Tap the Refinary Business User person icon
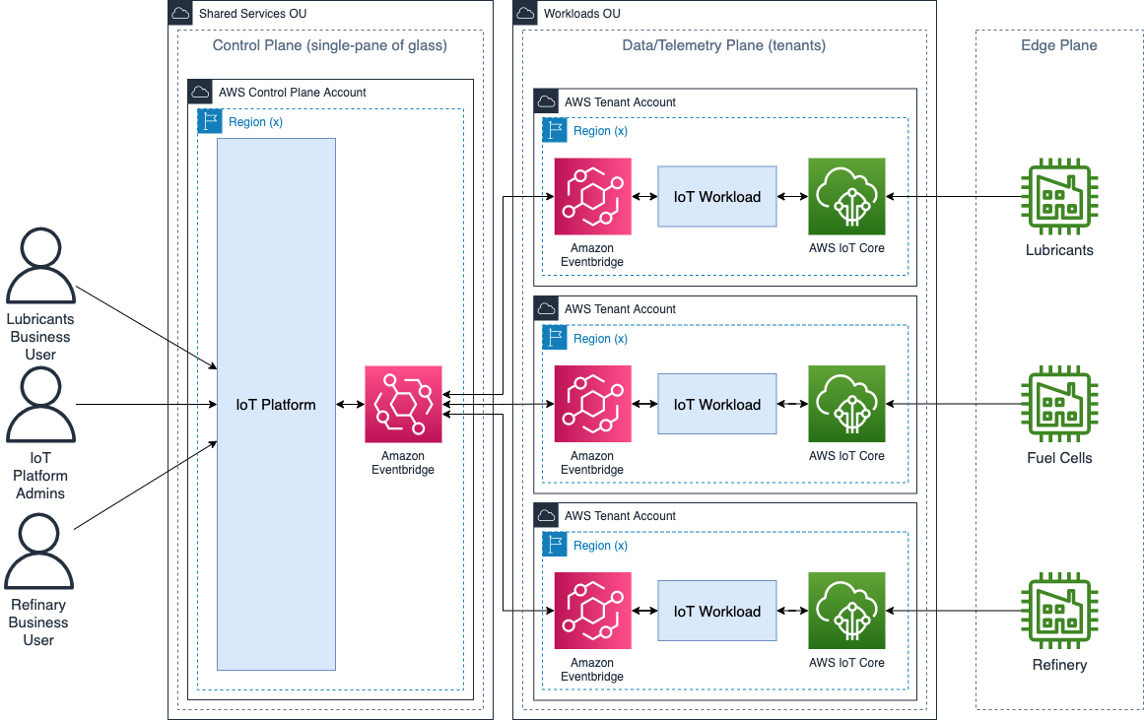[x=39, y=553]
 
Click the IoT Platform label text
[x=276, y=405]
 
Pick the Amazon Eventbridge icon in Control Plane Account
[x=403, y=405]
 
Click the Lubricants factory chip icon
[x=1059, y=197]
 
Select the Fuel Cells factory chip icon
[x=1059, y=404]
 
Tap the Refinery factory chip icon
[x=1059, y=611]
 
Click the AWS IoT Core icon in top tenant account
[x=846, y=197]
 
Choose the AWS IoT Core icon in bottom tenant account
[x=846, y=611]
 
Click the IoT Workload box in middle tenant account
[x=717, y=404]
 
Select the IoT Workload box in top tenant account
[x=717, y=197]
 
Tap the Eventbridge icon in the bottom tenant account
[x=592, y=611]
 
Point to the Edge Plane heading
[x=1059, y=45]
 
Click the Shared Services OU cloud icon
[x=180, y=14]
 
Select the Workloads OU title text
[x=582, y=14]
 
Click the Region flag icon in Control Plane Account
[x=209, y=121]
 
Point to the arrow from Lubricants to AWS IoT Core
[x=956, y=197]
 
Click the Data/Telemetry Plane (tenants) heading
[x=724, y=45]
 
